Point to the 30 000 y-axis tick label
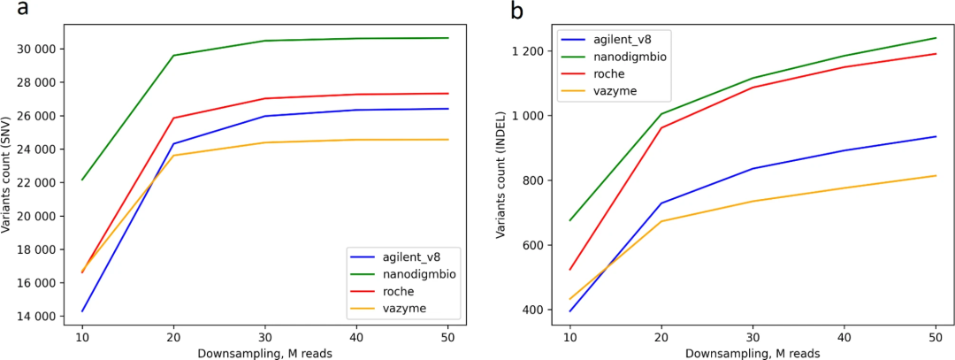(x=37, y=49)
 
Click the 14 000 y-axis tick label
(x=37, y=316)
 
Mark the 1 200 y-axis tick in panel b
(x=536, y=51)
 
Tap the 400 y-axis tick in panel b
(x=540, y=310)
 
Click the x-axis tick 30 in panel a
(x=266, y=337)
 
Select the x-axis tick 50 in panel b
(x=936, y=337)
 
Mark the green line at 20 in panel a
(x=173, y=56)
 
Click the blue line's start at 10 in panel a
(x=82, y=311)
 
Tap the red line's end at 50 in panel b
(x=936, y=54)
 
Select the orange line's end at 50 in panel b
(x=936, y=175)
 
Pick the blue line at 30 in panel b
(x=753, y=169)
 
